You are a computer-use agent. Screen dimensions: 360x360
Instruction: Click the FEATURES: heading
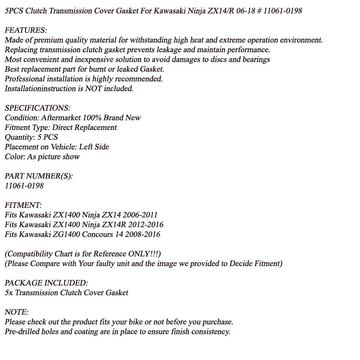[x=26, y=30]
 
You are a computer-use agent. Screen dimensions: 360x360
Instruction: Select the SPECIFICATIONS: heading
[x=37, y=108]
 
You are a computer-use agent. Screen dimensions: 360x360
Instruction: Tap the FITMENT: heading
[x=23, y=205]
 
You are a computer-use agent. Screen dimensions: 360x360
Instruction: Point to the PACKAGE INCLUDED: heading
[x=46, y=283]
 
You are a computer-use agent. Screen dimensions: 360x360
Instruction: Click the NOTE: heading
[x=17, y=312]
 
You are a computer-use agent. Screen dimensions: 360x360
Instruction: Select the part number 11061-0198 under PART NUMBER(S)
[x=24, y=185]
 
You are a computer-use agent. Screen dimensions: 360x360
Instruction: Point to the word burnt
[x=102, y=69]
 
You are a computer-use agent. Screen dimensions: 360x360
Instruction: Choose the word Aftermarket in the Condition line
[x=61, y=118]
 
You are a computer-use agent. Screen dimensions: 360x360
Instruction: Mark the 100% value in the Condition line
[x=93, y=118]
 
